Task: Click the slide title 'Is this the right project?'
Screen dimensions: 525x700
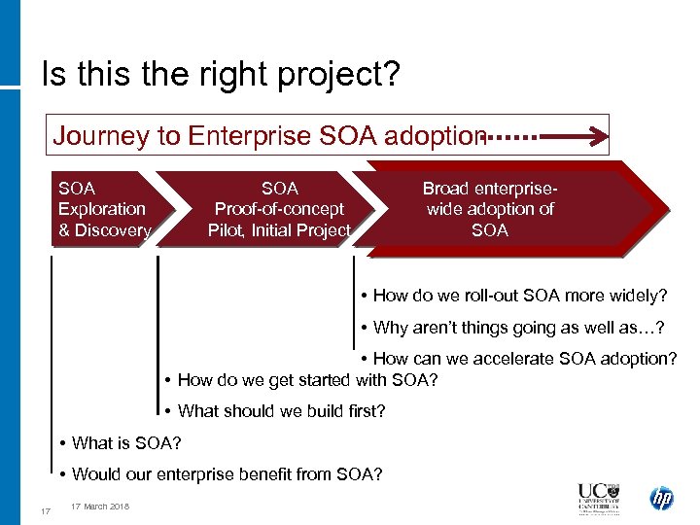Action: tap(220, 75)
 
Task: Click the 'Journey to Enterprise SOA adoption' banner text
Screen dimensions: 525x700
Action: tap(268, 136)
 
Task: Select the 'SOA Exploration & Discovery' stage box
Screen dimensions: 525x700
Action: tap(104, 209)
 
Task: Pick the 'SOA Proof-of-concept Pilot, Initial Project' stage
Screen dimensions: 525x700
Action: tap(279, 209)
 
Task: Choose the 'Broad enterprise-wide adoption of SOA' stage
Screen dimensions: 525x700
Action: tap(490, 209)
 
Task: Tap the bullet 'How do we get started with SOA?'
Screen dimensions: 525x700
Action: tap(301, 380)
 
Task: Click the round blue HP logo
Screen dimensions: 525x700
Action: tap(662, 500)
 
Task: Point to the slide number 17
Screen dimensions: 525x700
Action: tap(45, 512)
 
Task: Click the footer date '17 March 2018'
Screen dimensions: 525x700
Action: tap(102, 507)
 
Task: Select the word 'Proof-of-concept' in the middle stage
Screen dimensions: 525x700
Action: tap(279, 209)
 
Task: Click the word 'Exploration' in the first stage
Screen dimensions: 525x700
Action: tap(102, 209)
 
